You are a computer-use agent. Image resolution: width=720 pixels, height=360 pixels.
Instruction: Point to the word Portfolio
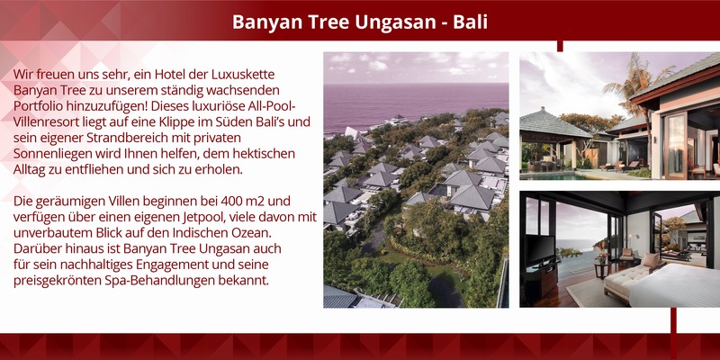(38, 106)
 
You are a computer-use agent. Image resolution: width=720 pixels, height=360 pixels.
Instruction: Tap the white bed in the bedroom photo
(675, 287)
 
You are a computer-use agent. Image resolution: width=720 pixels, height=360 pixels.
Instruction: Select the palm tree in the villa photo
(638, 87)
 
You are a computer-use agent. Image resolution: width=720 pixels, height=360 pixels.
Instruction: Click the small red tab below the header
(560, 46)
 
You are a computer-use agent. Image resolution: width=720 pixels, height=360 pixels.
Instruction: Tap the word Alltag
(29, 169)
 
